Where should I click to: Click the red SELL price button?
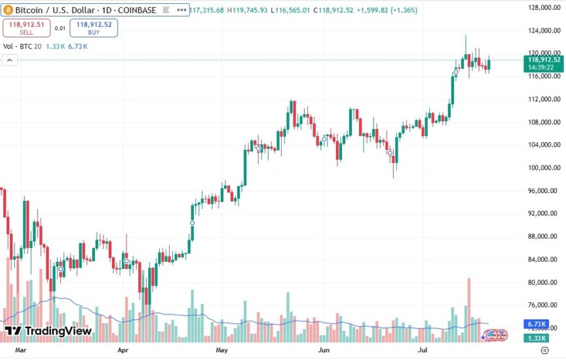pos(27,27)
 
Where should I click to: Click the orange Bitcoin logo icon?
pos(9,10)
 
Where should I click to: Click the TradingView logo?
pos(48,331)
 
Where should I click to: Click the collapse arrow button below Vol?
pos(10,60)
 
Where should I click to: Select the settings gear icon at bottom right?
pos(545,351)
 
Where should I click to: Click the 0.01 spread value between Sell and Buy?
pos(60,28)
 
